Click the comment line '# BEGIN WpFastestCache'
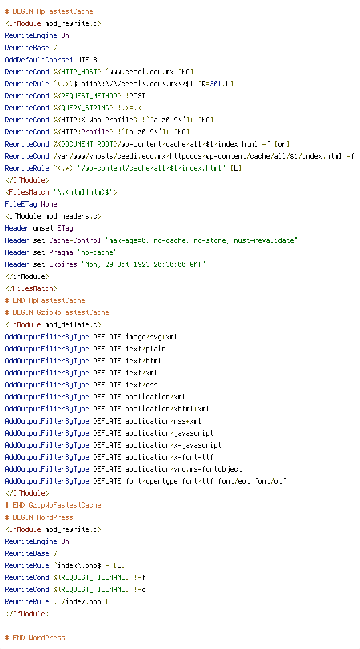coord(50,11)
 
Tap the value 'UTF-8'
coord(87,60)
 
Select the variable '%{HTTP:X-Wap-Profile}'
coord(95,120)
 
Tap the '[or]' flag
coord(282,144)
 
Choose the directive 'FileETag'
coord(21,204)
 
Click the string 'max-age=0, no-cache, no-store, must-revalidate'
coord(201,240)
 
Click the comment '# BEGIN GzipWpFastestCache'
coord(57,312)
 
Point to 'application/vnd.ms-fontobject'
coord(183,469)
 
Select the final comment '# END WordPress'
coord(35,638)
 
